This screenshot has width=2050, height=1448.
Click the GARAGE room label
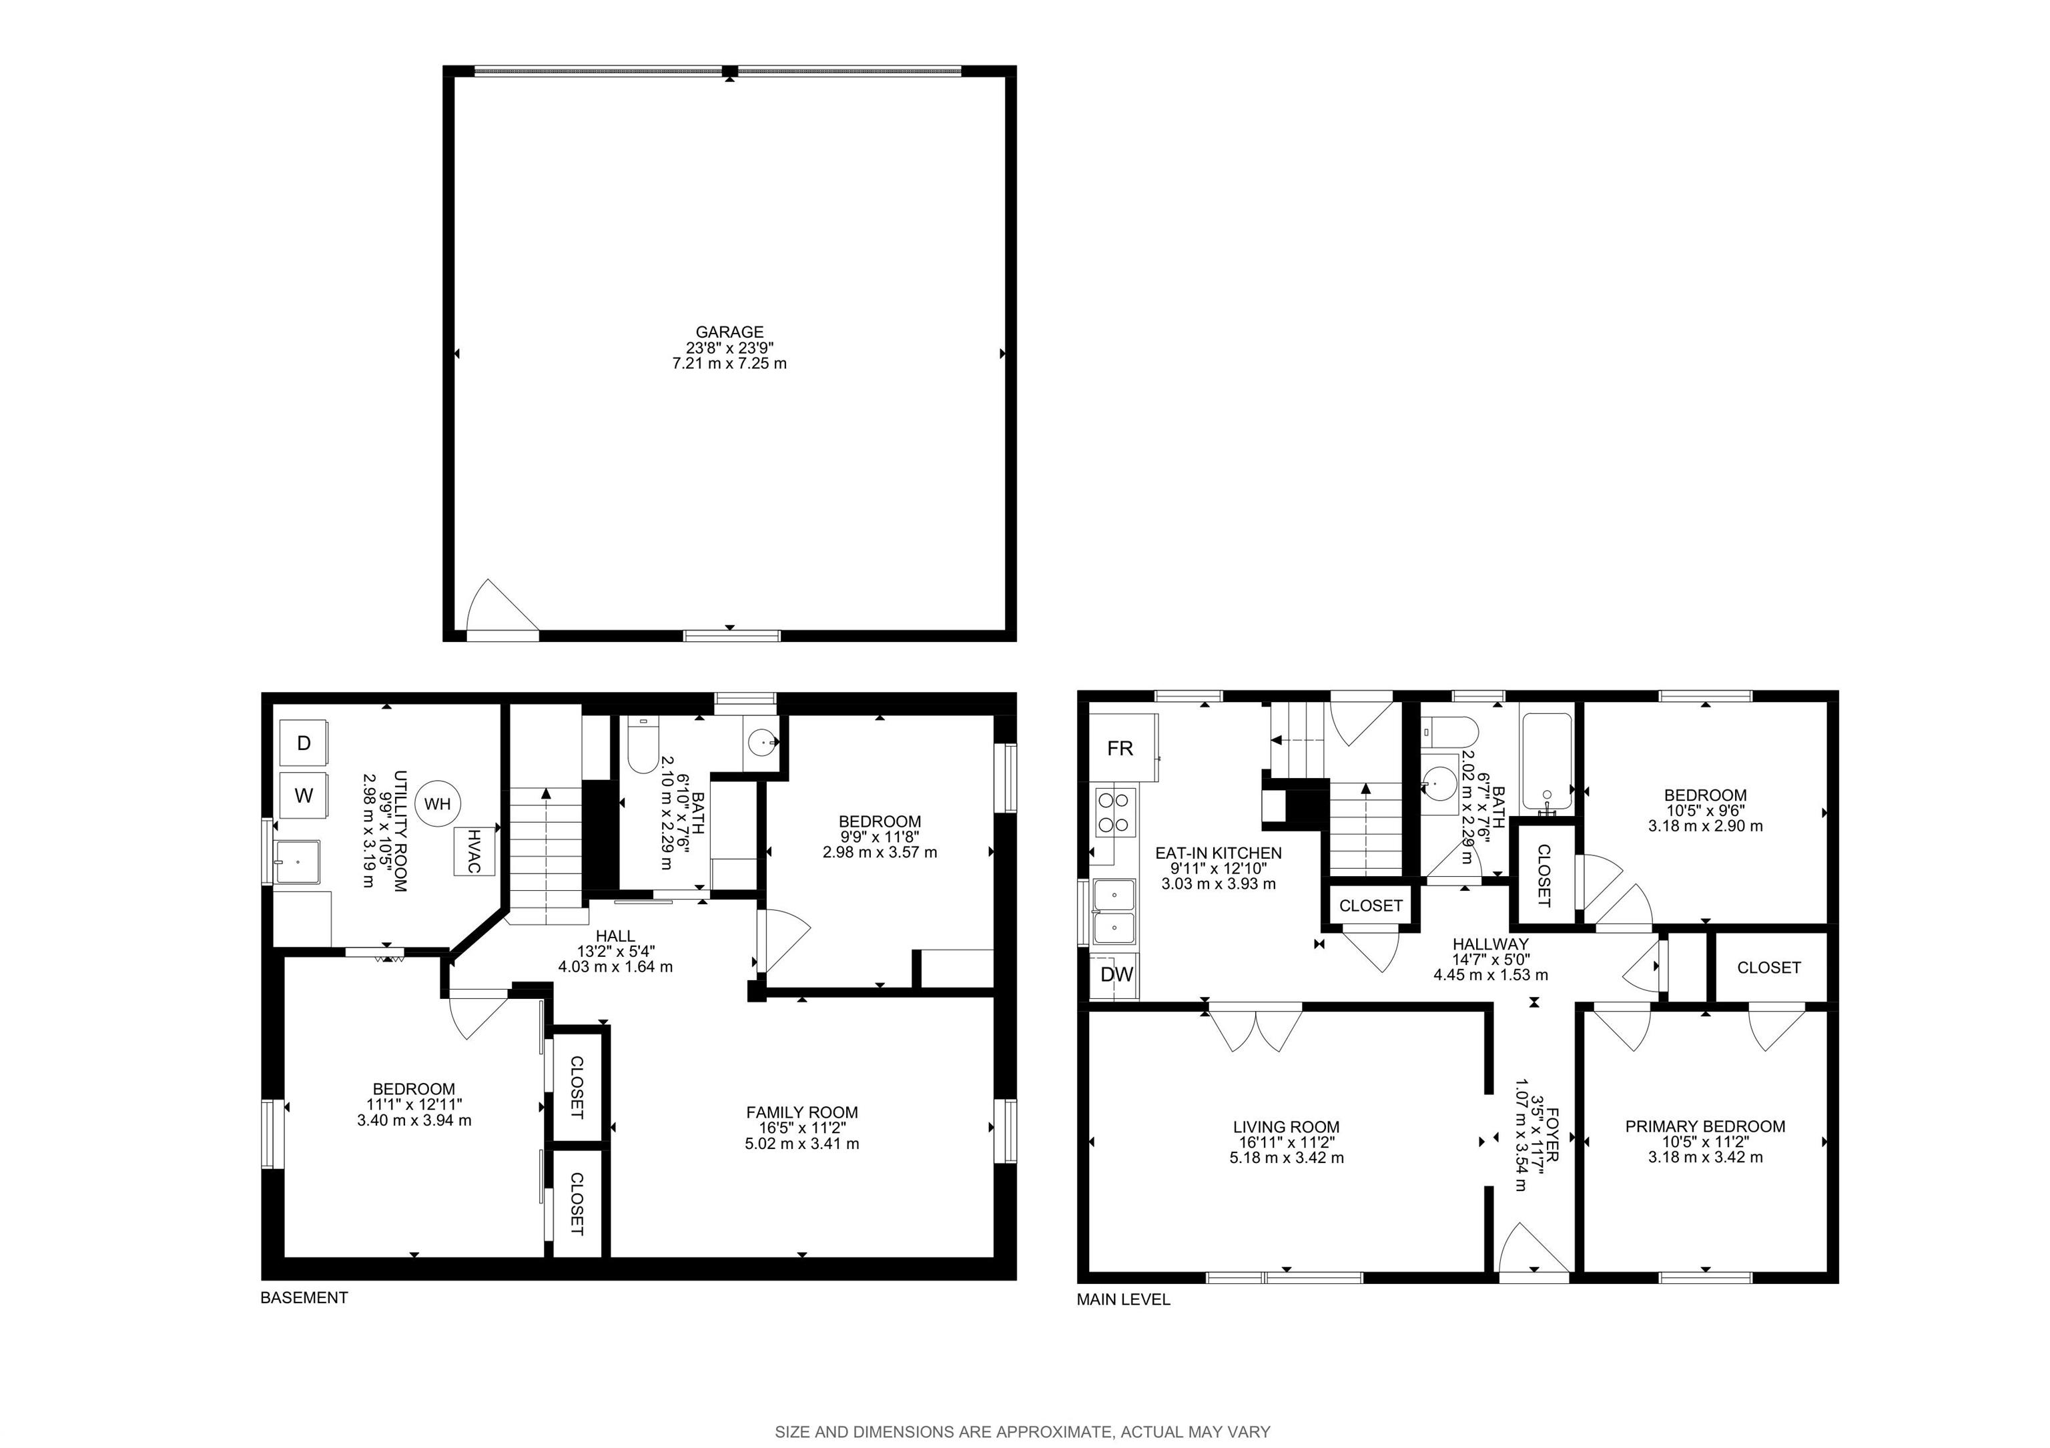729,332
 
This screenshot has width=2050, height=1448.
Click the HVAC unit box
474,851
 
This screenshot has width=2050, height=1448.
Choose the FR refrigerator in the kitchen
1122,748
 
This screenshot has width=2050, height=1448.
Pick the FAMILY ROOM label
802,1112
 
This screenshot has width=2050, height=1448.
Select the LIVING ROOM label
1287,1128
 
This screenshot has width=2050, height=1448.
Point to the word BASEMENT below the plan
304,1298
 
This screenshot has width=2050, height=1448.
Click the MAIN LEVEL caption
1123,1300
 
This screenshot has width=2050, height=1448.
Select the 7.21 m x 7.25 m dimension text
729,364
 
